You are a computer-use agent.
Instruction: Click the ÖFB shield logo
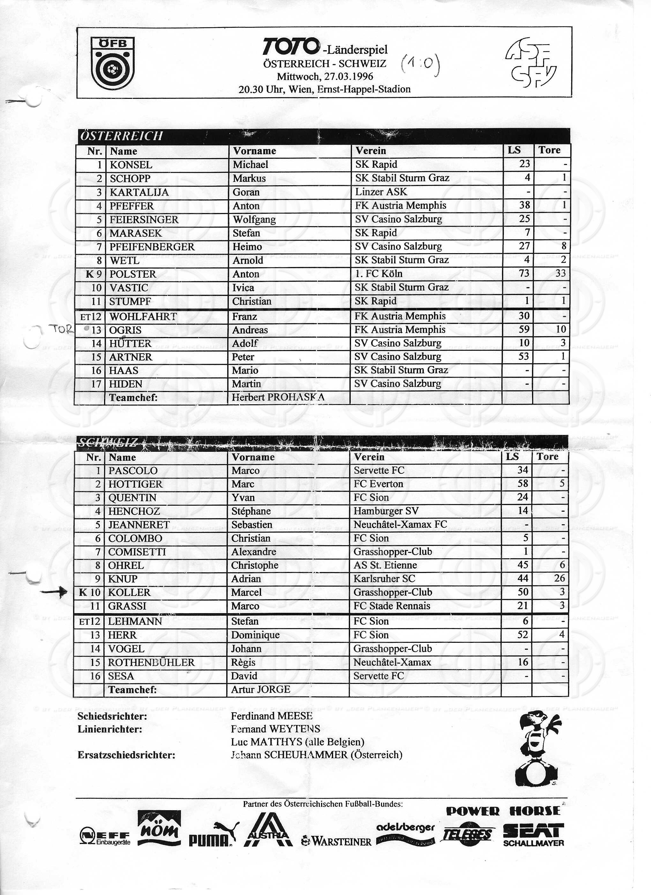pyautogui.click(x=112, y=63)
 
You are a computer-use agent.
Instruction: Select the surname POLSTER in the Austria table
pyautogui.click(x=133, y=274)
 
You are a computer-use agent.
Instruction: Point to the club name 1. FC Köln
pyautogui.click(x=378, y=274)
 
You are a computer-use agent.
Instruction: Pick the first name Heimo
pyautogui.click(x=247, y=247)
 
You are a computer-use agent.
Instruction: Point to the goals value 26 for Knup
pyautogui.click(x=559, y=578)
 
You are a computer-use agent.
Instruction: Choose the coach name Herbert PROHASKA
pyautogui.click(x=278, y=397)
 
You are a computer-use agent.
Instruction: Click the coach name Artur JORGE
pyautogui.click(x=260, y=689)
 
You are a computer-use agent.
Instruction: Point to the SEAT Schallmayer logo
pyautogui.click(x=533, y=835)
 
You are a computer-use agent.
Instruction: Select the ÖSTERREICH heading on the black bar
pyautogui.click(x=121, y=136)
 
